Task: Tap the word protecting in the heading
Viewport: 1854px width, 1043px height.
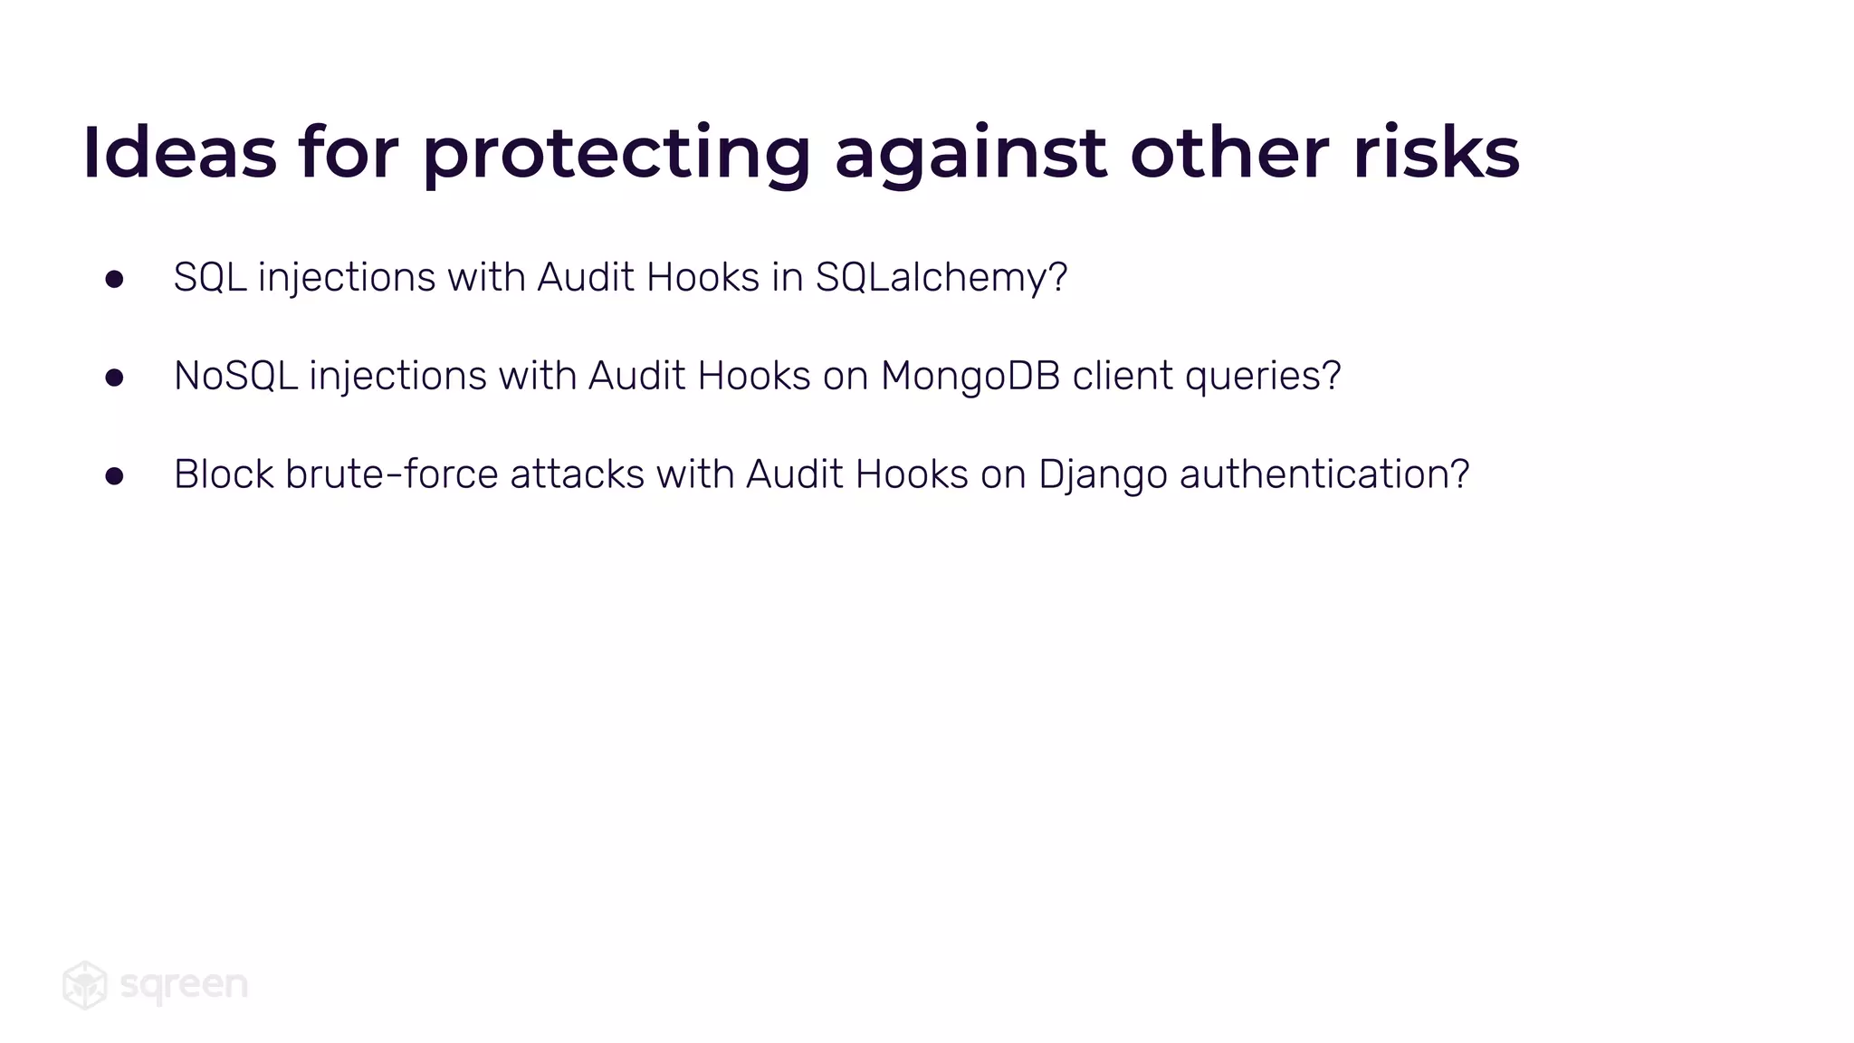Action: (x=616, y=154)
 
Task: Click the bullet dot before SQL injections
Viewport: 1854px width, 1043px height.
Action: (x=114, y=279)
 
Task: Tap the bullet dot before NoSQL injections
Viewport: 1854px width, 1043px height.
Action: (x=114, y=378)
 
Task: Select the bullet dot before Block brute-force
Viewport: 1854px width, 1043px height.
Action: (x=114, y=476)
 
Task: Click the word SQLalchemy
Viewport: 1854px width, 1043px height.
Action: (x=941, y=278)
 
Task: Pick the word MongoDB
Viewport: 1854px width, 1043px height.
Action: (x=970, y=376)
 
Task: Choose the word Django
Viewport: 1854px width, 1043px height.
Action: (x=1103, y=475)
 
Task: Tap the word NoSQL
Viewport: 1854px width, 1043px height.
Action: (x=235, y=376)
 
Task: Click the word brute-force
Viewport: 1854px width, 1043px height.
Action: (x=391, y=474)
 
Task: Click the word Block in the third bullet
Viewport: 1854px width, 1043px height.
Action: (x=224, y=474)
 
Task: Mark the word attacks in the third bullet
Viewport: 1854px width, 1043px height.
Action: (x=577, y=474)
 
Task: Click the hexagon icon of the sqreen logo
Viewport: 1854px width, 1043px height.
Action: (x=85, y=985)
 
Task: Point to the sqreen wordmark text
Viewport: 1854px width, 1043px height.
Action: (x=184, y=985)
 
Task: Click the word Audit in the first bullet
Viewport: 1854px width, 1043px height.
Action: (x=585, y=277)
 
